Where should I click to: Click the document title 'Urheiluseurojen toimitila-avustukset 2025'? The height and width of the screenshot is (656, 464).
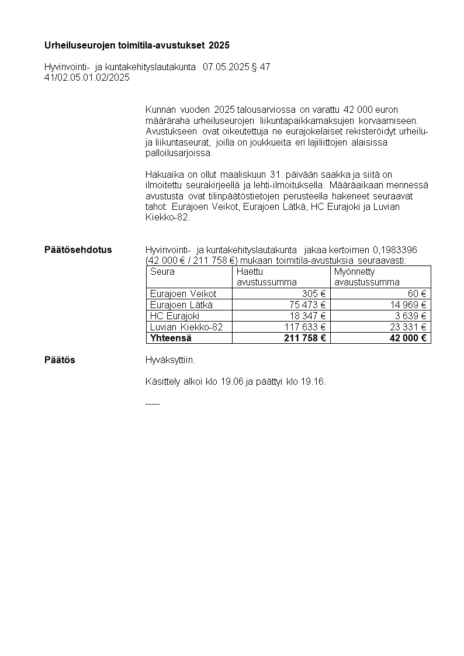click(x=137, y=45)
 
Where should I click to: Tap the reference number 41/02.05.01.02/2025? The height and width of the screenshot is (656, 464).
click(x=87, y=77)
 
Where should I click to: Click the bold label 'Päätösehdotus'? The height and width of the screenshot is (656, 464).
click(x=78, y=250)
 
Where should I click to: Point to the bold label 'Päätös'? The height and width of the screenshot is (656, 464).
click(x=60, y=360)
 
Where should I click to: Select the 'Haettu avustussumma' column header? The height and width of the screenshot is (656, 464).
click(x=266, y=277)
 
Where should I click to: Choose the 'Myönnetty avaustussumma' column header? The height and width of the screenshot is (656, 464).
click(x=366, y=277)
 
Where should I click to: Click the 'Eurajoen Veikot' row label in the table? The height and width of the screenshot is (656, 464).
click(x=183, y=294)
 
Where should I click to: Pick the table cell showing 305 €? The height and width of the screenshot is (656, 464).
click(x=313, y=294)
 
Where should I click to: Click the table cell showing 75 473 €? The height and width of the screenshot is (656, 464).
click(x=307, y=305)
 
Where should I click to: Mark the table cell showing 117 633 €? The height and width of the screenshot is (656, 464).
click(x=305, y=327)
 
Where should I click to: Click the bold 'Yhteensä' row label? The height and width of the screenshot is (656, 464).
click(x=171, y=338)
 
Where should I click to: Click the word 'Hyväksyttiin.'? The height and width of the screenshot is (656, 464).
click(x=170, y=360)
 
